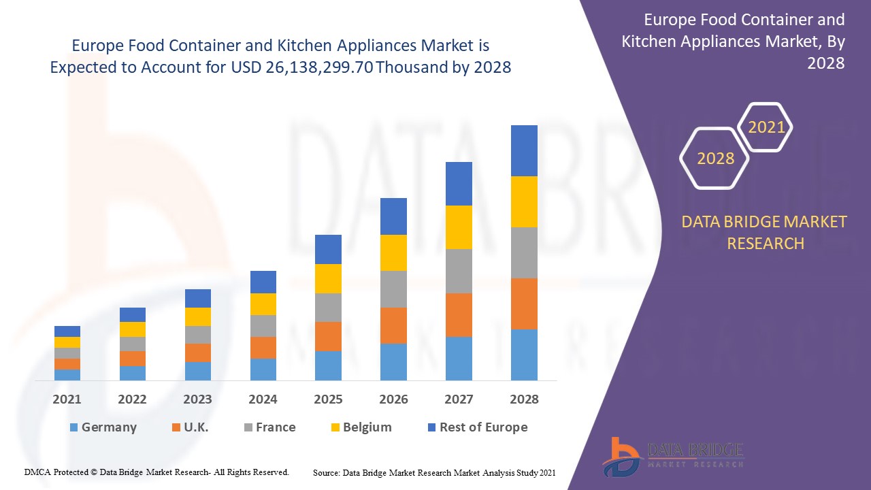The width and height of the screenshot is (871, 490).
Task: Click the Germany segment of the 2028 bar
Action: click(524, 355)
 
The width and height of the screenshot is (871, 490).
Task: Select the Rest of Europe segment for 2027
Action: click(459, 184)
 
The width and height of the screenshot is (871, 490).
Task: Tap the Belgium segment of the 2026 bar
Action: click(393, 252)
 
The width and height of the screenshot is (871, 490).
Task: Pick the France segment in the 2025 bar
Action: click(328, 308)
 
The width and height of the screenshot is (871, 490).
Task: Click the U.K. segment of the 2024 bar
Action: click(263, 347)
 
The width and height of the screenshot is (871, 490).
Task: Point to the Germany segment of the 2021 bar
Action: click(67, 374)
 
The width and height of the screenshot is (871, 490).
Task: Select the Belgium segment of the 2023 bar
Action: click(198, 316)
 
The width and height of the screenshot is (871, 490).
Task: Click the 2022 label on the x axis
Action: click(132, 399)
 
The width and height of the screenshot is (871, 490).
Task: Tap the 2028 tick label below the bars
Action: click(524, 399)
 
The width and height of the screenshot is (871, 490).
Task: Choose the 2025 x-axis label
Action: click(328, 399)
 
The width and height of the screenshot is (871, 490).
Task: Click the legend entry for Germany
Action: click(103, 427)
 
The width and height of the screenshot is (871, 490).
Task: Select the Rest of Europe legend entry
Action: click(476, 427)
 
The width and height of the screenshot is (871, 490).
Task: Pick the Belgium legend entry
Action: click(361, 427)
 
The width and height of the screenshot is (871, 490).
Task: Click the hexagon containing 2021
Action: click(766, 127)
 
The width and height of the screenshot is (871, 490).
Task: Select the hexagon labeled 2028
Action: click(715, 159)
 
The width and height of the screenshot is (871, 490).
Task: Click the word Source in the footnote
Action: click(326, 472)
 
